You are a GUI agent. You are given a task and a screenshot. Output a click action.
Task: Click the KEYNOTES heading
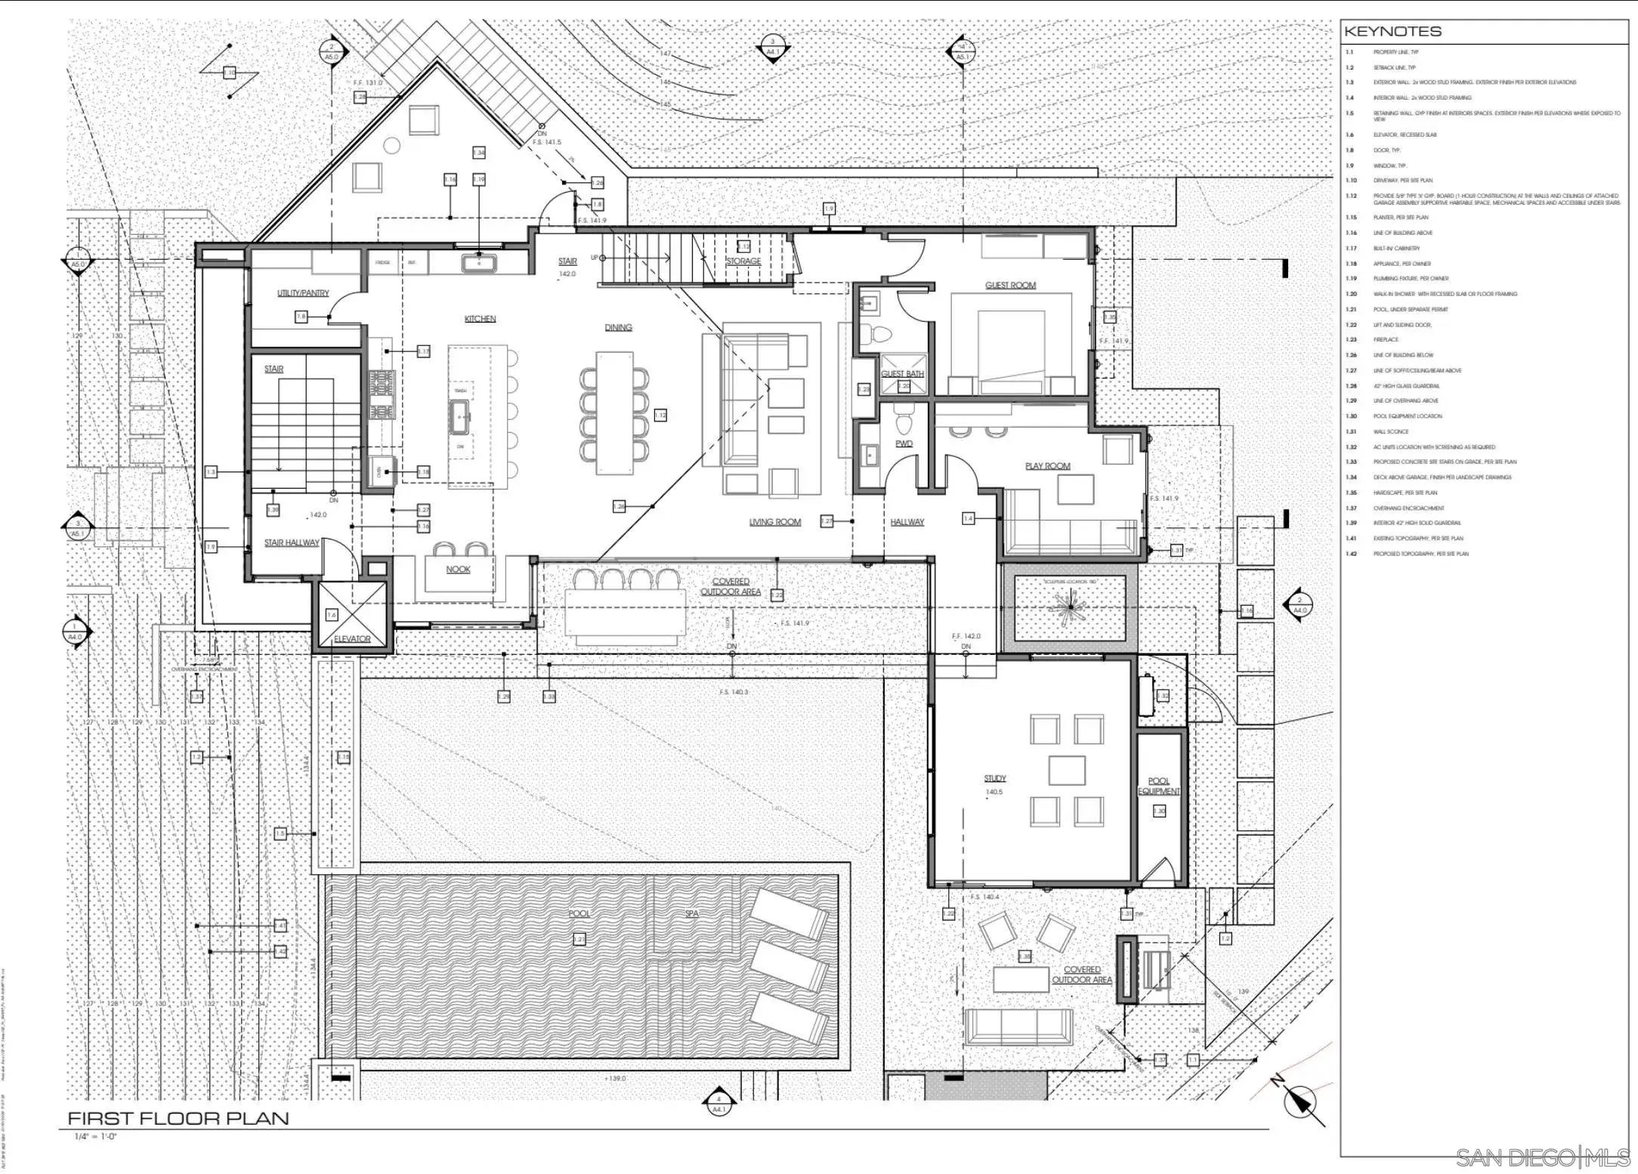tap(1392, 32)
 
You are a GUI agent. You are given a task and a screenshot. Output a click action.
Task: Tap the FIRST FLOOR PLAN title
tap(178, 1118)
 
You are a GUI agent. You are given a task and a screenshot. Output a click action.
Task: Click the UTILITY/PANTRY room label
tap(303, 293)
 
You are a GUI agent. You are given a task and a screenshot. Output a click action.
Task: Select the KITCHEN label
tap(480, 319)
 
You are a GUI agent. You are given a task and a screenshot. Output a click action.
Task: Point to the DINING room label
tap(618, 327)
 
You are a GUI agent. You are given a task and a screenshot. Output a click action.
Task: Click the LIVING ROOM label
tap(774, 522)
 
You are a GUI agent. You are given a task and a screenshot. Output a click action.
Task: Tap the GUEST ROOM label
tap(1010, 285)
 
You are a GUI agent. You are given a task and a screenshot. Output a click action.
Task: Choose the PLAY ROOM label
tap(1047, 466)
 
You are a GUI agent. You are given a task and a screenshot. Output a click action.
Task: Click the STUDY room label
tap(994, 778)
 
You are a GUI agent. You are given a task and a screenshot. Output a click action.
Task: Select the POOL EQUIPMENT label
tap(1158, 786)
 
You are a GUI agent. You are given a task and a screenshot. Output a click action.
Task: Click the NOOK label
tap(458, 570)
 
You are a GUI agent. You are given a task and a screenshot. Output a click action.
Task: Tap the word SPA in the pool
tap(691, 913)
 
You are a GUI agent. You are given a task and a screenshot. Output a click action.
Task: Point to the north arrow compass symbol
tap(1301, 1101)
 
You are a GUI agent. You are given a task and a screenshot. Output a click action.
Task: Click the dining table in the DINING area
tap(613, 412)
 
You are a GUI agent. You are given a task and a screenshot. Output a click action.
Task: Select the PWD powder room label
tap(904, 444)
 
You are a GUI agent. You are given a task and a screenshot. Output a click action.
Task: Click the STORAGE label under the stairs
tap(743, 261)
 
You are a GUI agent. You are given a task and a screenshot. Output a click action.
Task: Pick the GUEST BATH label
tap(903, 374)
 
